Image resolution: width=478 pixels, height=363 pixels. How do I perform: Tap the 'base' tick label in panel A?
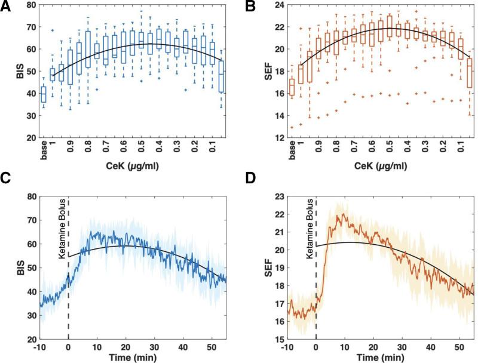tap(43, 149)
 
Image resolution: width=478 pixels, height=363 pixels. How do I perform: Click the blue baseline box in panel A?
tap(43, 94)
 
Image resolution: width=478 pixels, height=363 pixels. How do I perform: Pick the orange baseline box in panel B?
tap(292, 87)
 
